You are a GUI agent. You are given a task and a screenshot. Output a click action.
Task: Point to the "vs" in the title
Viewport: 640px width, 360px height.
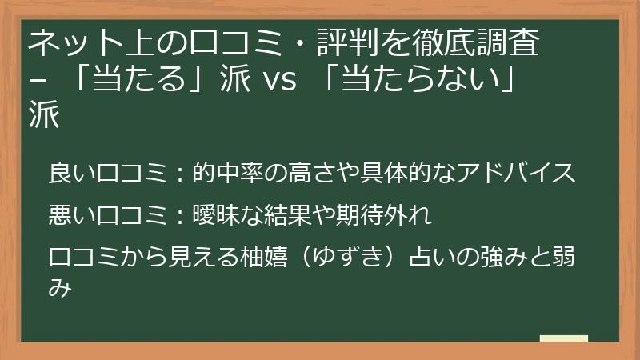coord(281,78)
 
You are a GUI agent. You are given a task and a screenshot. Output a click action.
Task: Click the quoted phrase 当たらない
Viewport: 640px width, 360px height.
coord(422,78)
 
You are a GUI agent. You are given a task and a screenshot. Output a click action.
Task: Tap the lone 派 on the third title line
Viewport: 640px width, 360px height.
coord(44,114)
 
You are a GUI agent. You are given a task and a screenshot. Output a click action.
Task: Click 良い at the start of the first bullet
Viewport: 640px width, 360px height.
coord(73,172)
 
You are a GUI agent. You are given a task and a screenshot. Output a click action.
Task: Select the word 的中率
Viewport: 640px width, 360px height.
coord(228,172)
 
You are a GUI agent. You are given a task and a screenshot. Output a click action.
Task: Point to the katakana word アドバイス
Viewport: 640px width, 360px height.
coord(516,172)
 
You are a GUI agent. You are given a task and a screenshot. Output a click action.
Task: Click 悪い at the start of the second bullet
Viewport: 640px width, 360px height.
coord(73,214)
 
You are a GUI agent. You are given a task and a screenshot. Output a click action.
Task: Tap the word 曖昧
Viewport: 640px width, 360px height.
coord(216,214)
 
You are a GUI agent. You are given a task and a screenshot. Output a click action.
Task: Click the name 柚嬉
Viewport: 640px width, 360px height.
coord(264,257)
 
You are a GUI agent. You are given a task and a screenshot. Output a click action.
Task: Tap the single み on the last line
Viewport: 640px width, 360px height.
coord(60,288)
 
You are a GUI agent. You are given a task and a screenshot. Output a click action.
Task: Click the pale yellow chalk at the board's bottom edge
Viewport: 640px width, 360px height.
coord(564,338)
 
